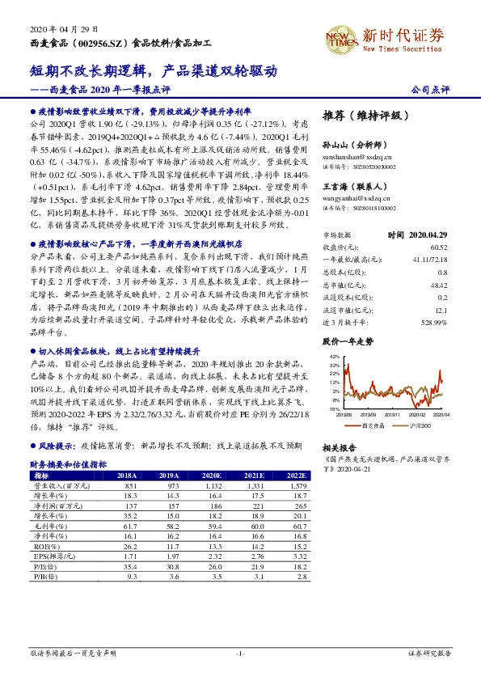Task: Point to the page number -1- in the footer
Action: (x=240, y=653)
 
